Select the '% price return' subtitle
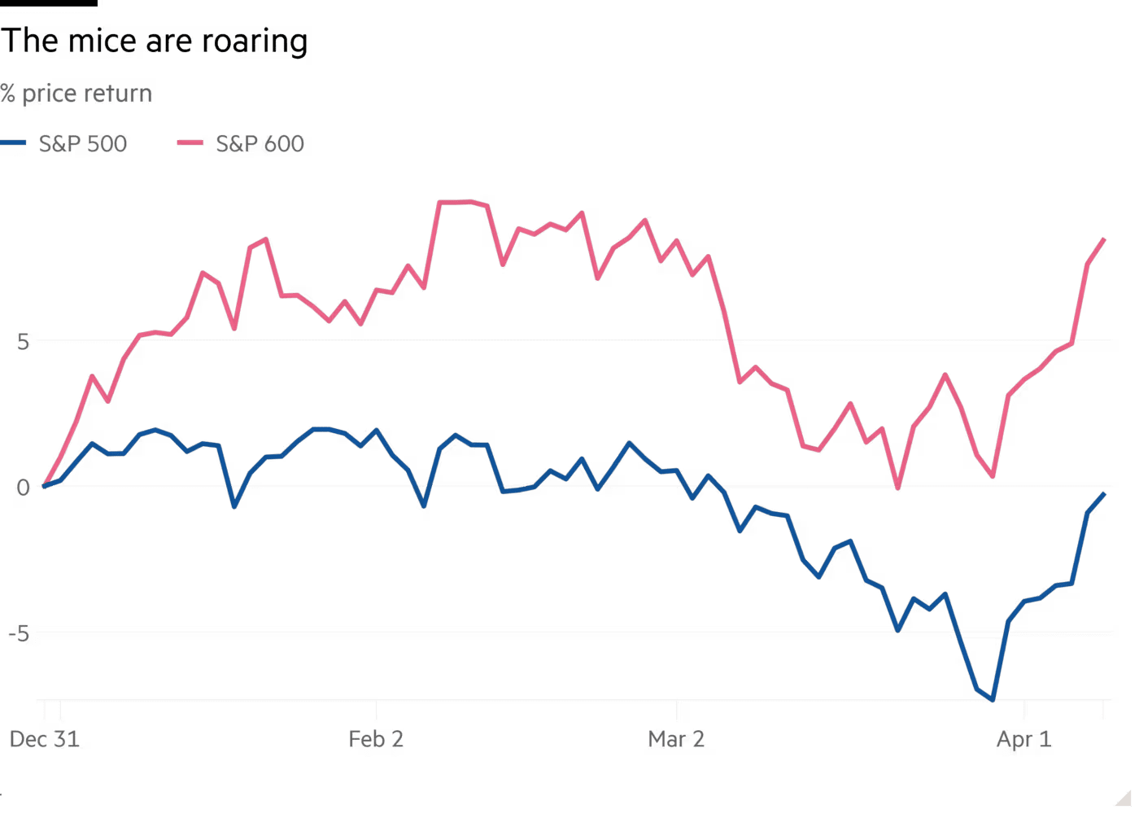[76, 94]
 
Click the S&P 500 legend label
[84, 145]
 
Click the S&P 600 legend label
[260, 145]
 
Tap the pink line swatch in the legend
[190, 143]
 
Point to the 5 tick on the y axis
[23, 342]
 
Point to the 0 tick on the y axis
[23, 488]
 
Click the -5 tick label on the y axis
[22, 632]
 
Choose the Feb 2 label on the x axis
[377, 741]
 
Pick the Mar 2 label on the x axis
[678, 741]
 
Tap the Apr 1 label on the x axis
[1024, 742]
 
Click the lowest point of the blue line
[992, 698]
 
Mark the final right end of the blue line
[1104, 493]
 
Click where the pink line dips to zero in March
[897, 488]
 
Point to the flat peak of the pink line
[460, 202]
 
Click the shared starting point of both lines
[46, 486]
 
